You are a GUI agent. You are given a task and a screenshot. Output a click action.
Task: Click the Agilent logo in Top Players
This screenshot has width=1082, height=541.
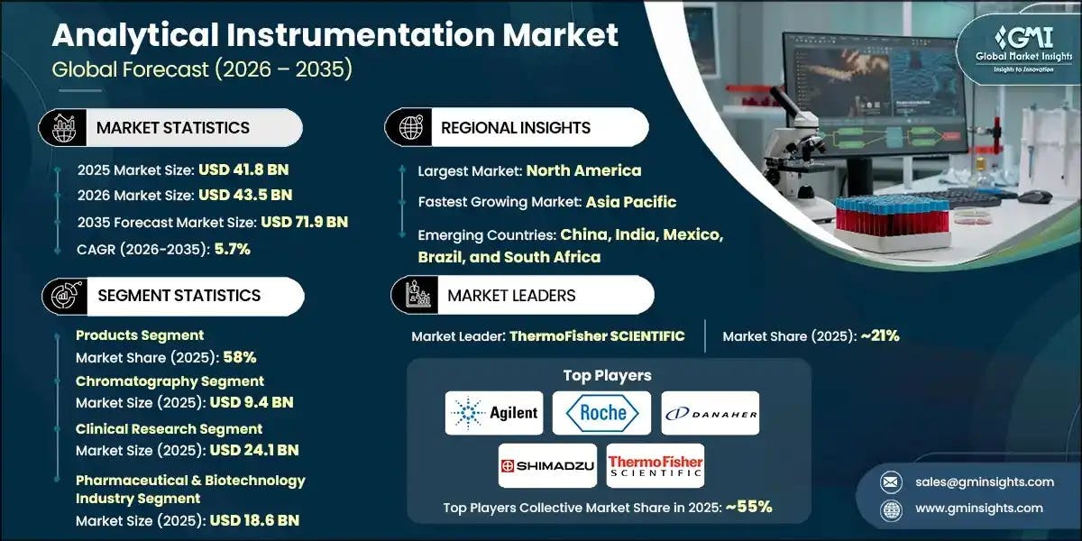(494, 413)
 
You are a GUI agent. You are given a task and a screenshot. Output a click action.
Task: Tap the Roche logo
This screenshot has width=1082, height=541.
(602, 413)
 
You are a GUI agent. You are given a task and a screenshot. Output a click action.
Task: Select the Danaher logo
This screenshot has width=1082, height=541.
(711, 413)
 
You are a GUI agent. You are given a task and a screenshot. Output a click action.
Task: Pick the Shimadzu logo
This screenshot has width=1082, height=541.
(547, 465)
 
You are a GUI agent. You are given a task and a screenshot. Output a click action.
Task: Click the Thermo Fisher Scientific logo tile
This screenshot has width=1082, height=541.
(656, 465)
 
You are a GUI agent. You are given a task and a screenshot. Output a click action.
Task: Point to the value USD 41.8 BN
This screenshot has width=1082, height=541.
(243, 169)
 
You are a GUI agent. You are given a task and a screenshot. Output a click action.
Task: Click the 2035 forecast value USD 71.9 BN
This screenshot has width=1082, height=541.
(304, 222)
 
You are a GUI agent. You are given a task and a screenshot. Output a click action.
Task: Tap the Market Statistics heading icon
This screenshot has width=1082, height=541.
(63, 127)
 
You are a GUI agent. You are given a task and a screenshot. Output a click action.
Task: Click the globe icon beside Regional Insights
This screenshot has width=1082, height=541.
(410, 127)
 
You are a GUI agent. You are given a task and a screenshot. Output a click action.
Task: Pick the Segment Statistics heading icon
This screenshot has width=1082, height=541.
(63, 295)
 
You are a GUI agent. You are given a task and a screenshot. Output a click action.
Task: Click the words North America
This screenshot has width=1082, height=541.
(583, 170)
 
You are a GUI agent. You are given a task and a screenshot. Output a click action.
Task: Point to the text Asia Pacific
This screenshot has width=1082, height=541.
(630, 202)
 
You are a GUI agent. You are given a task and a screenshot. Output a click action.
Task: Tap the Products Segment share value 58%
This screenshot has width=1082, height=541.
(240, 357)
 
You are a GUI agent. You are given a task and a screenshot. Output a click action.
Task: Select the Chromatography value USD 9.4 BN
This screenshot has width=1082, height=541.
(252, 403)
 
